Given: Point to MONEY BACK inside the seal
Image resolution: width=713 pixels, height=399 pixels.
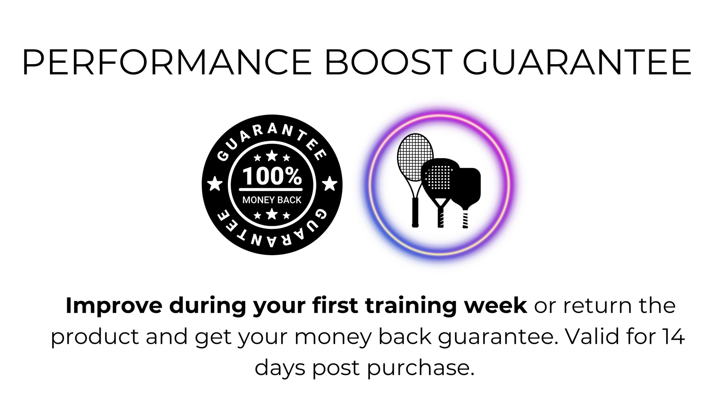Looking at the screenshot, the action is (x=272, y=200).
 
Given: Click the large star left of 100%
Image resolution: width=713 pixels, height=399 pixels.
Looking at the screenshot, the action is (x=214, y=184).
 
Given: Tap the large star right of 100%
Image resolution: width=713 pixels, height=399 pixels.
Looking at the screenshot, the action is (x=330, y=184).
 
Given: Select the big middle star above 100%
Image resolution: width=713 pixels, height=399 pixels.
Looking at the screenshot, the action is (x=271, y=156).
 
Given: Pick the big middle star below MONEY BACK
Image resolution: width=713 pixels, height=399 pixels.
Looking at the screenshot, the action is (x=271, y=214).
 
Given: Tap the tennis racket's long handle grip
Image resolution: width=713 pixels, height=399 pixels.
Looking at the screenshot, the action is (x=415, y=212).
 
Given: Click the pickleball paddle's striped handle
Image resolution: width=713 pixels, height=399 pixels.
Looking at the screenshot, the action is (x=465, y=219).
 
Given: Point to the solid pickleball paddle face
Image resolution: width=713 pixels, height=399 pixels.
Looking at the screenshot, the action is (x=467, y=187).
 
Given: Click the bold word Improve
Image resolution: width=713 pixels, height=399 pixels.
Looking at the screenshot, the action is (x=114, y=306).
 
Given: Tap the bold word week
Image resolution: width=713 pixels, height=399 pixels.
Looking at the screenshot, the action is (x=495, y=305).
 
